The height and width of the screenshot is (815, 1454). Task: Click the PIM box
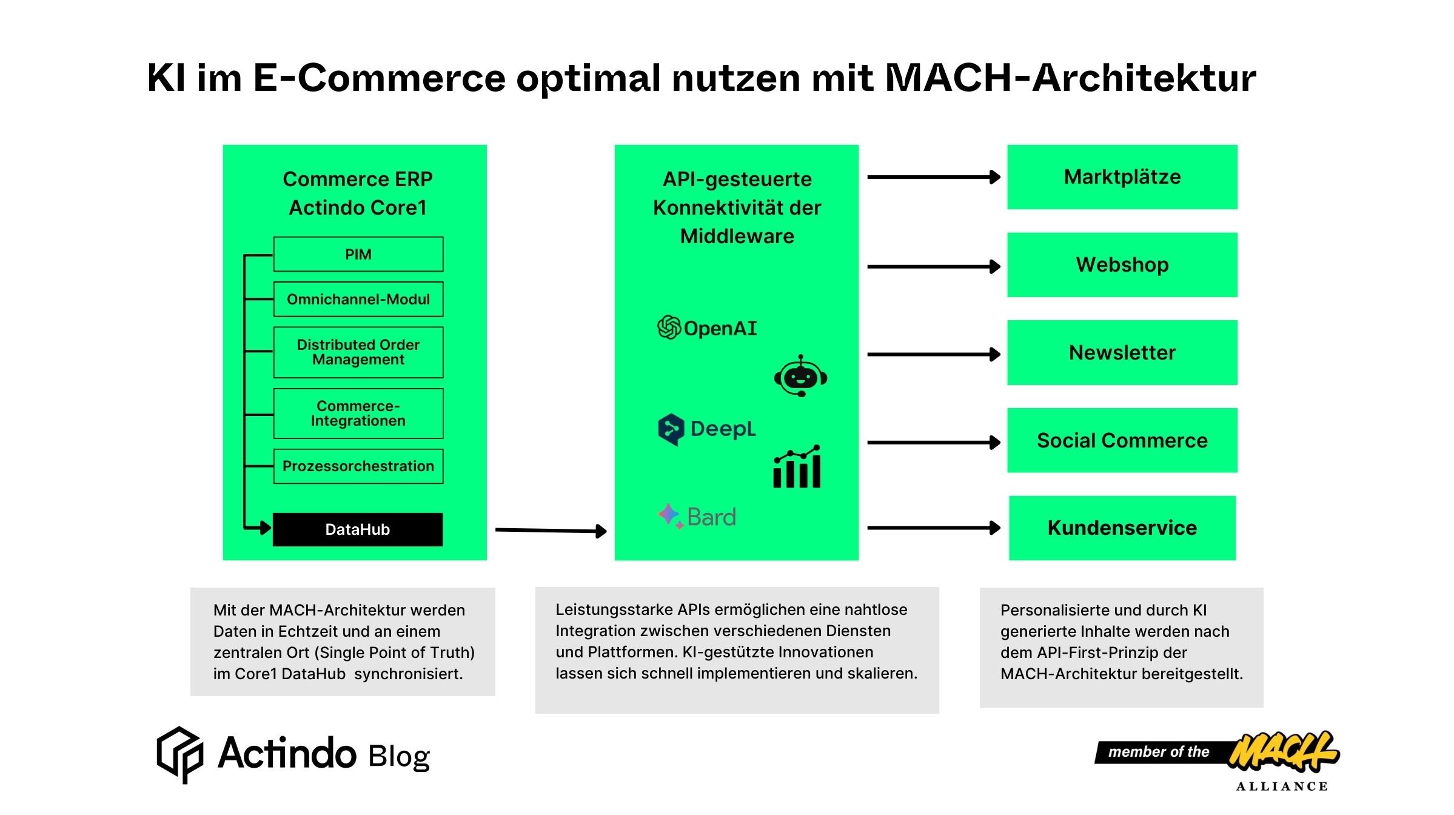358,254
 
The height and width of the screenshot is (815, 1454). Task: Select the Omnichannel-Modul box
358,299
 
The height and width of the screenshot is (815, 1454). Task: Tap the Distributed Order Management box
358,352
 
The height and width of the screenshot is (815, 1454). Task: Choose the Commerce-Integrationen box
358,414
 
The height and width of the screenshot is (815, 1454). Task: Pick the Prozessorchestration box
358,466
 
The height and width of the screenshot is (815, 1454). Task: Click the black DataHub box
358,529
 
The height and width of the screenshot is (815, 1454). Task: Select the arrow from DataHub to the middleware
551,531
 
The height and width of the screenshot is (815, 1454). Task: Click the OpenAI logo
707,327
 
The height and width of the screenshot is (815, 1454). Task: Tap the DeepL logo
707,429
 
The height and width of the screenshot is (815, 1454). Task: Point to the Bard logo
697,517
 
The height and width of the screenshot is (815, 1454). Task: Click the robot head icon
800,377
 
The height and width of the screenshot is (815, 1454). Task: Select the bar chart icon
797,467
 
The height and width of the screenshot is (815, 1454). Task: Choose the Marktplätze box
1122,177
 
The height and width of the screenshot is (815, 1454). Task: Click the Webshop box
1122,265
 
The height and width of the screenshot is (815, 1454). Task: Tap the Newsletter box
1122,352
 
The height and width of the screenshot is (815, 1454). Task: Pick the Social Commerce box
1122,440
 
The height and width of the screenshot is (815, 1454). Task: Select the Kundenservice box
1122,528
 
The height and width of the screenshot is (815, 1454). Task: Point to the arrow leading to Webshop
934,266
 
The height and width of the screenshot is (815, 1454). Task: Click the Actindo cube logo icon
180,754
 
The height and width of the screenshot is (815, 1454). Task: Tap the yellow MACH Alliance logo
1282,752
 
